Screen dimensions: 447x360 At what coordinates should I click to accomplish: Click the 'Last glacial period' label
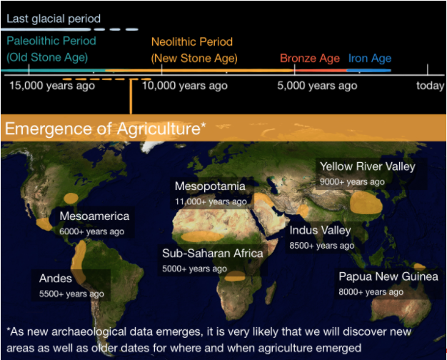pos(54,19)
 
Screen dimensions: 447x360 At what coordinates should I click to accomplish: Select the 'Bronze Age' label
pos(310,59)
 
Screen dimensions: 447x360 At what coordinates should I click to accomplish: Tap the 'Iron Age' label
pos(370,59)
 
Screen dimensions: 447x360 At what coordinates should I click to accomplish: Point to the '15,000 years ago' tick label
pos(52,86)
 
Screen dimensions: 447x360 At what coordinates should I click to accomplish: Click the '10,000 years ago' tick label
pos(185,86)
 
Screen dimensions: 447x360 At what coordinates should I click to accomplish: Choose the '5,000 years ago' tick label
pos(317,86)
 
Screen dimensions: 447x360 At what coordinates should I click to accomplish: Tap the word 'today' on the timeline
pos(430,86)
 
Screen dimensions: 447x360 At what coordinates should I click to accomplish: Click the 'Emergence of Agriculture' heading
pos(106,129)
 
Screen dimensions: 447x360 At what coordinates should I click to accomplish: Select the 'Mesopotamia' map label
pos(210,186)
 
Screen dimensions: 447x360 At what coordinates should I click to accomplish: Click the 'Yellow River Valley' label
pos(368,166)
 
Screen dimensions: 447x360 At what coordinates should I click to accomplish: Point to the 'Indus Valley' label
pos(320,231)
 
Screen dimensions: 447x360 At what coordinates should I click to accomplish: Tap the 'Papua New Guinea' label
pos(388,276)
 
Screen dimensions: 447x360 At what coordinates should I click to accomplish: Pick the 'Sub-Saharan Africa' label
pos(213,254)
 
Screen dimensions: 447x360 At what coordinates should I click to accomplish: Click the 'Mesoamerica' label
pos(94,216)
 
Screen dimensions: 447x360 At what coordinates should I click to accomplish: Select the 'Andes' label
pos(56,279)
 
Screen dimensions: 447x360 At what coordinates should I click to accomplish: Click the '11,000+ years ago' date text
pos(211,201)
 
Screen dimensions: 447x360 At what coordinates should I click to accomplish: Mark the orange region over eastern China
pos(366,203)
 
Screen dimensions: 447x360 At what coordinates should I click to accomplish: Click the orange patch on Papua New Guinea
pos(419,267)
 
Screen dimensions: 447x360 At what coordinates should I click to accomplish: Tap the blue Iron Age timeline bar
pos(369,70)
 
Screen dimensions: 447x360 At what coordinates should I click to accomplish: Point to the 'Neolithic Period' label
pos(192,42)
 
